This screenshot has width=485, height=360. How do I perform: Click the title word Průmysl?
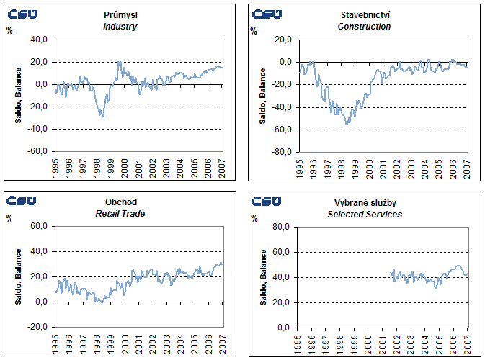coord(120,14)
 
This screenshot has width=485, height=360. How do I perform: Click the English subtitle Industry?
coord(120,27)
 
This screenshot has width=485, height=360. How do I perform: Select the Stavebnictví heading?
coord(364,14)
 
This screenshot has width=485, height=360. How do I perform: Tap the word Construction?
coord(364,27)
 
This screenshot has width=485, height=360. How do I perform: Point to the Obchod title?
coord(120,202)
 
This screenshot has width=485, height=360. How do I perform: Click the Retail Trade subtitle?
coord(120,215)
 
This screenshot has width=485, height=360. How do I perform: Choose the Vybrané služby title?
coord(364,202)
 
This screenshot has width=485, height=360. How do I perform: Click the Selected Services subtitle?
coord(364,215)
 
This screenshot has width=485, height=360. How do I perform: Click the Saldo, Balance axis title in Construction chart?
coord(262,96)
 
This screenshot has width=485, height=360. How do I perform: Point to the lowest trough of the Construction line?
coord(348,124)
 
